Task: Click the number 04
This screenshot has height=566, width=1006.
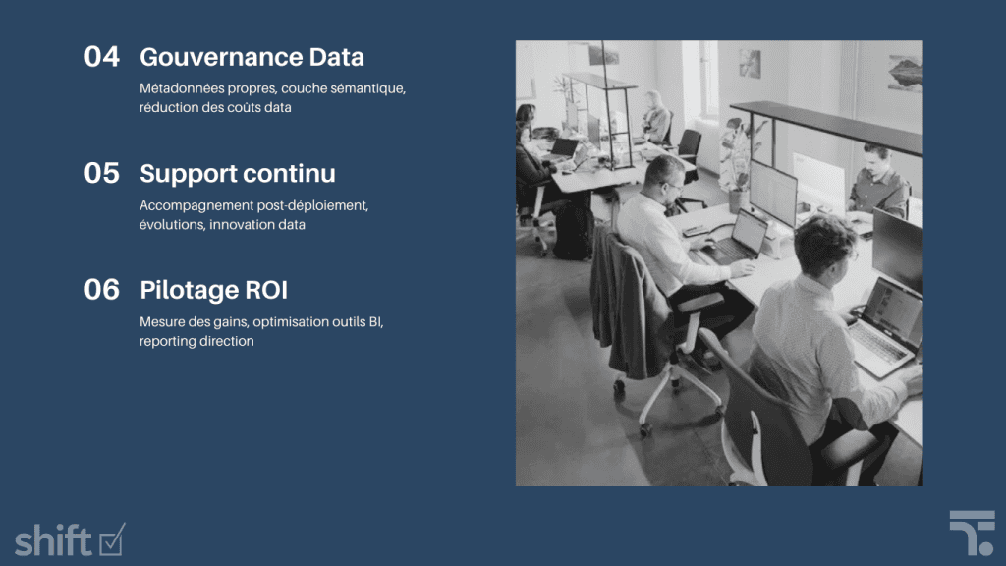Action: (102, 57)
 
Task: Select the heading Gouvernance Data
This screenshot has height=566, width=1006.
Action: (251, 57)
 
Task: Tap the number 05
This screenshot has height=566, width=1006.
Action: (102, 174)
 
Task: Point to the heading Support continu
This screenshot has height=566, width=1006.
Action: (238, 174)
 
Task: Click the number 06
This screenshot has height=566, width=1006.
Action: (102, 290)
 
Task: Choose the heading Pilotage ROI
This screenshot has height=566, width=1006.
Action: (213, 290)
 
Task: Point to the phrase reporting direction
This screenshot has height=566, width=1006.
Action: (196, 341)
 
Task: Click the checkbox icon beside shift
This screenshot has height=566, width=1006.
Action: (112, 538)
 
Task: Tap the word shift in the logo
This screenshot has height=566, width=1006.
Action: (53, 539)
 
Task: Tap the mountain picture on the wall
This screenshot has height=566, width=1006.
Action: (905, 72)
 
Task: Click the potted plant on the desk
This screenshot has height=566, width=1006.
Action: (734, 157)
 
